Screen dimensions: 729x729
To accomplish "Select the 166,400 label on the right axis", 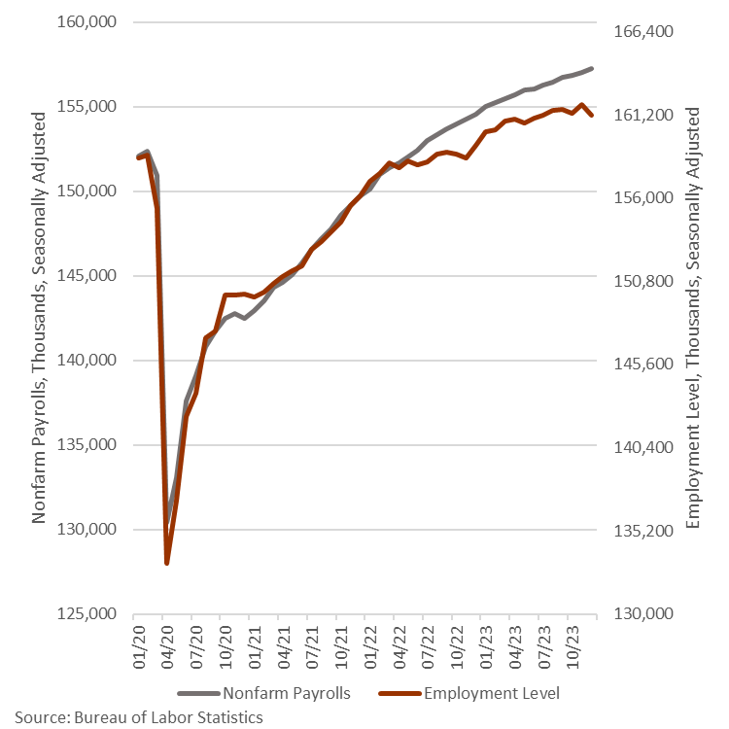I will coord(646,31).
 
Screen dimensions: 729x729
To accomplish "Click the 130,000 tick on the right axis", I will coord(646,614).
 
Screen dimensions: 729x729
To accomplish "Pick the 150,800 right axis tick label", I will coord(646,281).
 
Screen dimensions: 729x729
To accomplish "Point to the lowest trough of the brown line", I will coord(167,563).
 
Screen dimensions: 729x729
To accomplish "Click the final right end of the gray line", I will coord(592,68).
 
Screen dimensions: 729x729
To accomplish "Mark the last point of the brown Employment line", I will coord(592,116).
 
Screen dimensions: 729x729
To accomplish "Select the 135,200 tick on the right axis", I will coord(646,531).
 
